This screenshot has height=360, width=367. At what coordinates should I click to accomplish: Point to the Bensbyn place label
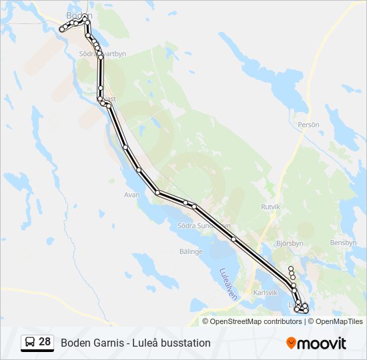(343, 243)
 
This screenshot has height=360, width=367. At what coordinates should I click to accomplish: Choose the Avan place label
(131, 195)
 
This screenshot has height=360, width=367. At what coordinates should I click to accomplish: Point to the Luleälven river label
(228, 284)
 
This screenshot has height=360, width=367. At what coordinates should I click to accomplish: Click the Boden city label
(79, 15)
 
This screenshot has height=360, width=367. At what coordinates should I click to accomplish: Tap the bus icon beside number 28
(30, 343)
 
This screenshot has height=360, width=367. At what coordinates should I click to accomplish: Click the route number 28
(45, 342)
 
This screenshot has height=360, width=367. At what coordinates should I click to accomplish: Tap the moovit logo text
(322, 343)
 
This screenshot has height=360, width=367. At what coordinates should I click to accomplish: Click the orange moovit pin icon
(291, 343)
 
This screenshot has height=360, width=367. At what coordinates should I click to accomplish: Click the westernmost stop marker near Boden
(61, 29)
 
